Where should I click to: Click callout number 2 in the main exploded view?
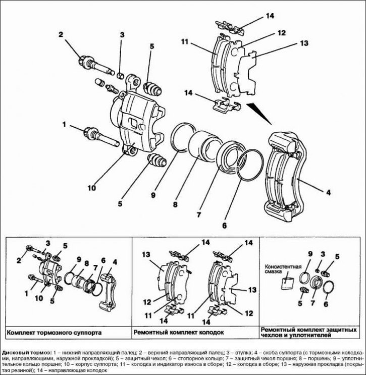(x=61, y=35)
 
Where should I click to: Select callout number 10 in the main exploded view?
(x=91, y=188)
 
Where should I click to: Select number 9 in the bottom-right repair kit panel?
(x=310, y=252)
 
